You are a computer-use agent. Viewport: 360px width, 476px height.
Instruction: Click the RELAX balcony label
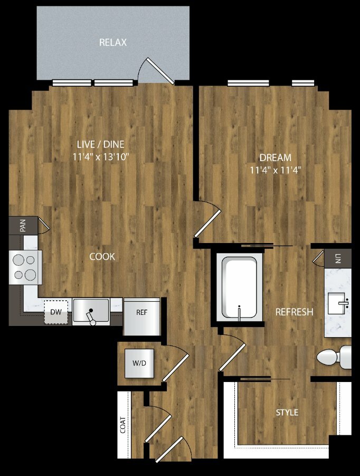point(113,42)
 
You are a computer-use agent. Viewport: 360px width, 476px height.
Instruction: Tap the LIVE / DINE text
point(101,144)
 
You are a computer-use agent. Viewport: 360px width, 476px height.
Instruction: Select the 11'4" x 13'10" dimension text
point(101,157)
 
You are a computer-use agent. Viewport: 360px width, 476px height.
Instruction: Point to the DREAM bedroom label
point(276,157)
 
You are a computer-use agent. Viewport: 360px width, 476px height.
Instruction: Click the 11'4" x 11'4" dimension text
point(276,170)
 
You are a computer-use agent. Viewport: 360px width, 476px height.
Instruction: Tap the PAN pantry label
point(23,226)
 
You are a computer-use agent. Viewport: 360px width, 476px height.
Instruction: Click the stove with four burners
point(25,267)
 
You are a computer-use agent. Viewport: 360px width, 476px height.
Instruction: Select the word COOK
point(102,257)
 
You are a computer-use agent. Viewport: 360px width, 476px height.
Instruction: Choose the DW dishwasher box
point(56,312)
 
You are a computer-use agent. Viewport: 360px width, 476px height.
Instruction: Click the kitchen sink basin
point(91,310)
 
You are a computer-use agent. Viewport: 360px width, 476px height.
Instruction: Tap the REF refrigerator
point(141,316)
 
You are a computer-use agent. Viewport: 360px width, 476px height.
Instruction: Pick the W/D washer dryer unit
point(139,363)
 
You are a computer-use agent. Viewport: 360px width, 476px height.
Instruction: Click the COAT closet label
point(123,425)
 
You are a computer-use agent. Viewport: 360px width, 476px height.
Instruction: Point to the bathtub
point(240,287)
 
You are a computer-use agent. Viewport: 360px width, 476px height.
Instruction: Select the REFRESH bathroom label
point(294,312)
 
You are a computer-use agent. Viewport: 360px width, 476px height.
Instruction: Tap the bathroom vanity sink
point(337,303)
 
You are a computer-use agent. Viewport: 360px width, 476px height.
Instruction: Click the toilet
point(334,357)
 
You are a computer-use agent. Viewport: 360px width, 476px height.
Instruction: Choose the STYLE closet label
point(287,413)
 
